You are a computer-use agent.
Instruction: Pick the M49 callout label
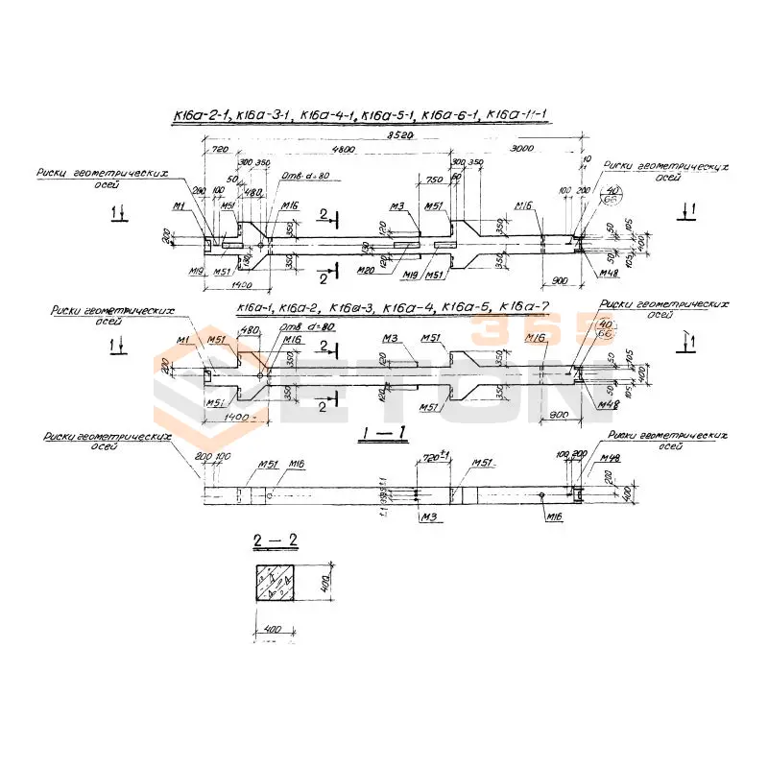click(608, 456)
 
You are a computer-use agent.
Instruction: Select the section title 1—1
click(388, 437)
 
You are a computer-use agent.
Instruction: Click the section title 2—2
click(276, 544)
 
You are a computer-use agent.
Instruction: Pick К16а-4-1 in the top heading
click(327, 117)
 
